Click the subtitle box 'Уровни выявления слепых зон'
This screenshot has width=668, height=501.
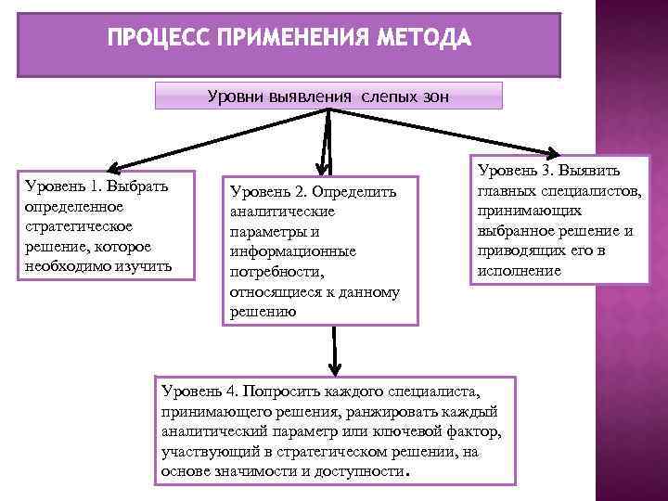pos(328,96)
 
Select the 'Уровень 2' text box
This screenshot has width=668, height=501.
pos(322,250)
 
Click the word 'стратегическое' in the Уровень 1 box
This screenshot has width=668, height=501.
pos(78,226)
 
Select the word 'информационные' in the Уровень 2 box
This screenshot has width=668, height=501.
pos(292,250)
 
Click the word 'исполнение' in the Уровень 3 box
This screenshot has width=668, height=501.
pos(519,271)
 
